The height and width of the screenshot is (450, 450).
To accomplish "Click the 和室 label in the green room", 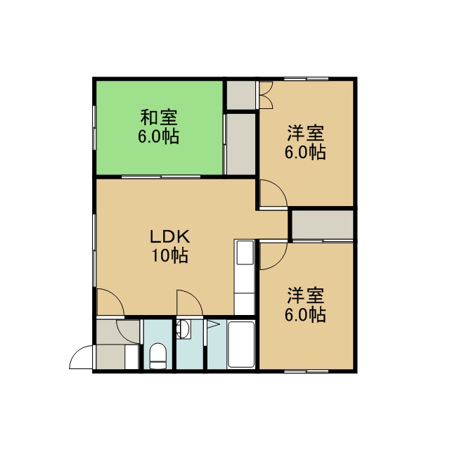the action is [159, 117].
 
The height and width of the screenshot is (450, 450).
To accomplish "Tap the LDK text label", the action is [170, 237].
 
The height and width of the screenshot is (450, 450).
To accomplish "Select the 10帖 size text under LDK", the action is [170, 255].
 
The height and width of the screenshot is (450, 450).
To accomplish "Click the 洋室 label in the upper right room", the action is [306, 133].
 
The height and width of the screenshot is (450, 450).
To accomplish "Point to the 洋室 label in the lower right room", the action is [306, 295].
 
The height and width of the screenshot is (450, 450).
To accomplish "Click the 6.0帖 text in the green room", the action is [159, 136].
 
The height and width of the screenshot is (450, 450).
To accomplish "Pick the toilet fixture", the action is [157, 356].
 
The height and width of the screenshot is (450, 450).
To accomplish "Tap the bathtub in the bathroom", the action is [241, 345].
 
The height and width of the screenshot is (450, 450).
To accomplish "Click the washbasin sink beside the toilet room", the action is [184, 330].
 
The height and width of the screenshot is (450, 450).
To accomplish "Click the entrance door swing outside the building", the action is [81, 357].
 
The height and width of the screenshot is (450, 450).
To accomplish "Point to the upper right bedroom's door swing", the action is [274, 193].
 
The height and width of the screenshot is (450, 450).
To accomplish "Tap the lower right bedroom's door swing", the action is [274, 256].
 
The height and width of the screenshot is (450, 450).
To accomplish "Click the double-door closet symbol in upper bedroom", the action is [266, 95].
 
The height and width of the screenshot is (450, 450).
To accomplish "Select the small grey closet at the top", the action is [241, 95].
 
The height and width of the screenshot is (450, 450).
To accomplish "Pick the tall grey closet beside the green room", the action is [241, 144].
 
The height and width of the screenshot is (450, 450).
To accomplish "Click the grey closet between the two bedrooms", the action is [323, 224].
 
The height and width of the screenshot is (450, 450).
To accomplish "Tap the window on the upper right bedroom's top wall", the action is [307, 79].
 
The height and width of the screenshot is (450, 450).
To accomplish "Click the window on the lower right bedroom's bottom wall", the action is [307, 371].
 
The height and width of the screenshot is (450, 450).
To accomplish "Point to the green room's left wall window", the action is [94, 128].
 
